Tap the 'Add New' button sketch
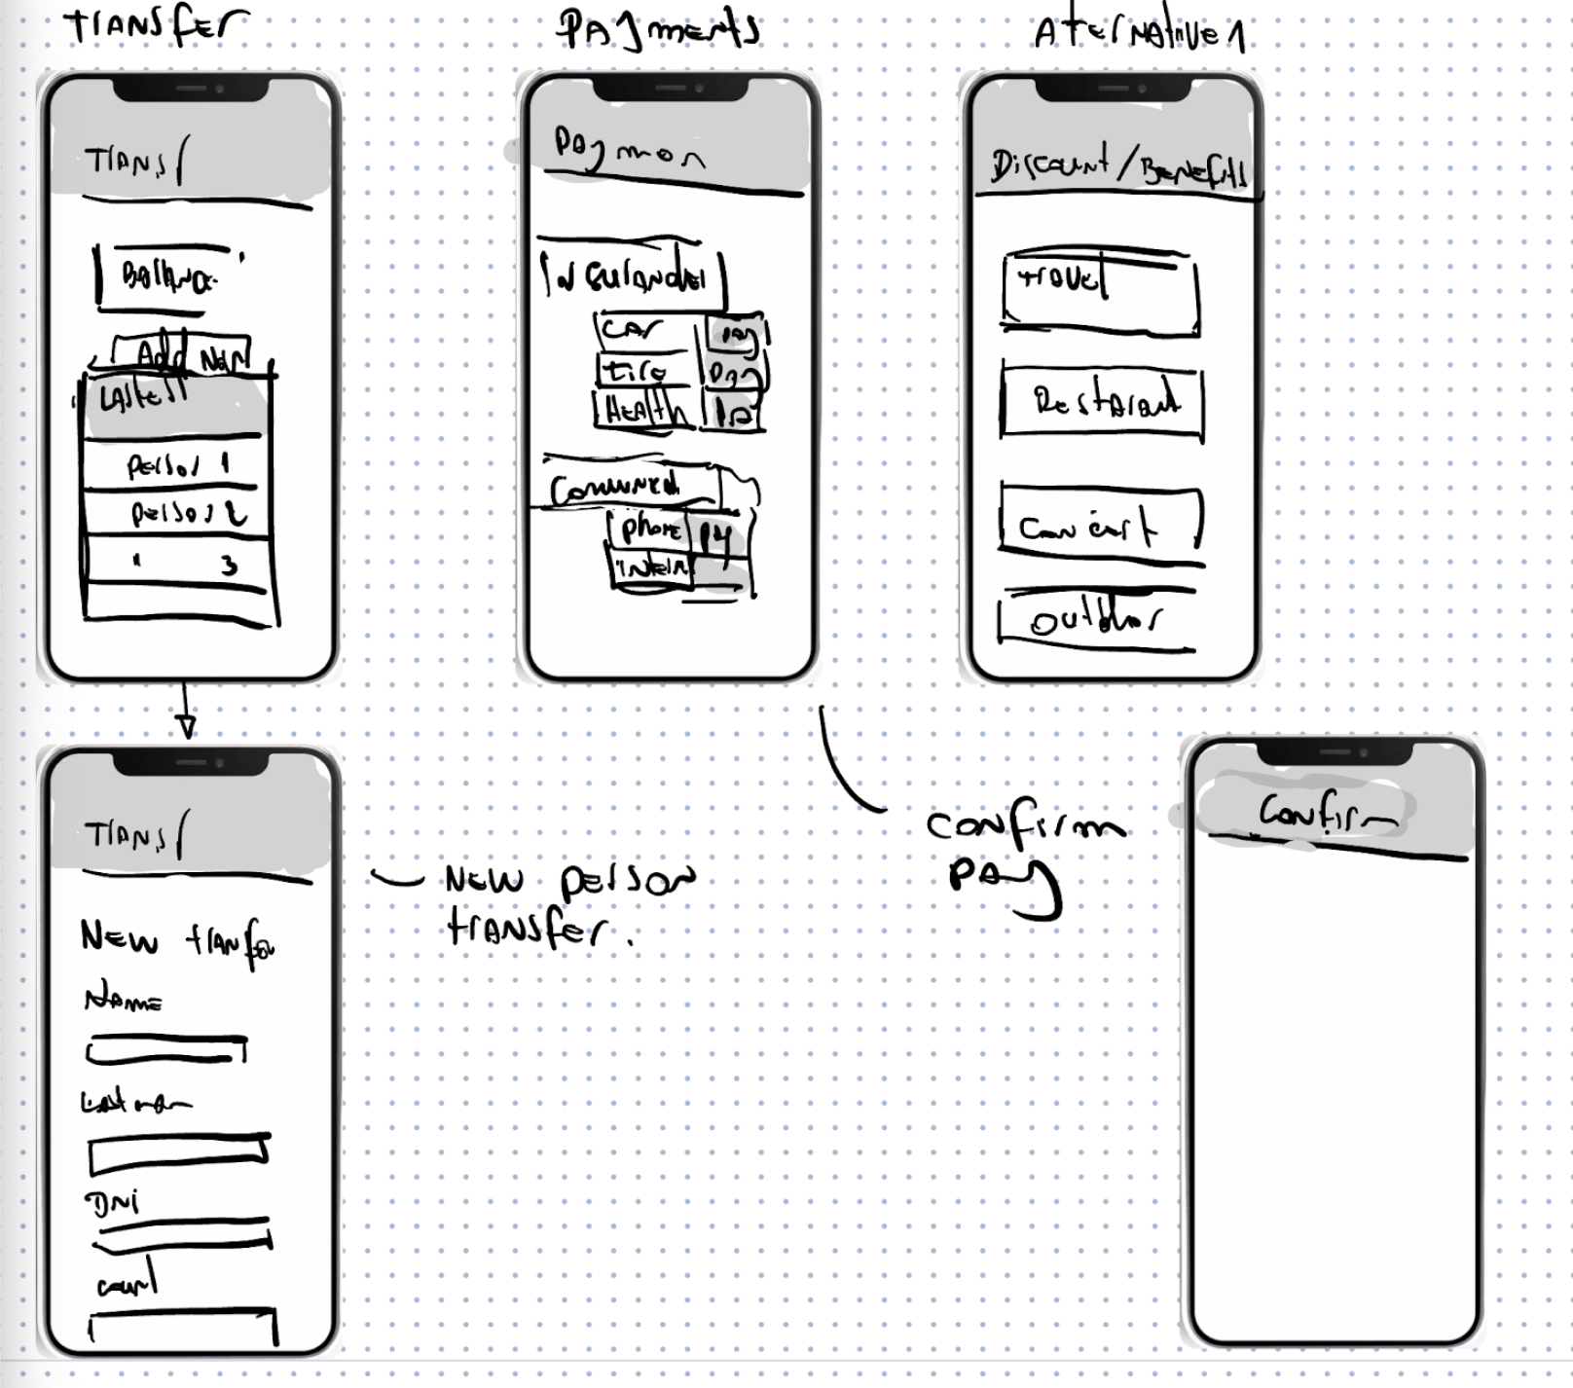point(185,356)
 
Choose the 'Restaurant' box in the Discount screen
point(1103,401)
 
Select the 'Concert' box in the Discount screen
point(1100,523)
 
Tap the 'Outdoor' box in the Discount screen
point(1096,619)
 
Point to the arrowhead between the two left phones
point(186,725)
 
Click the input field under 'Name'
point(165,1049)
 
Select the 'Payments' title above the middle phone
point(658,28)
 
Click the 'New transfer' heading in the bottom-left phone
point(176,939)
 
